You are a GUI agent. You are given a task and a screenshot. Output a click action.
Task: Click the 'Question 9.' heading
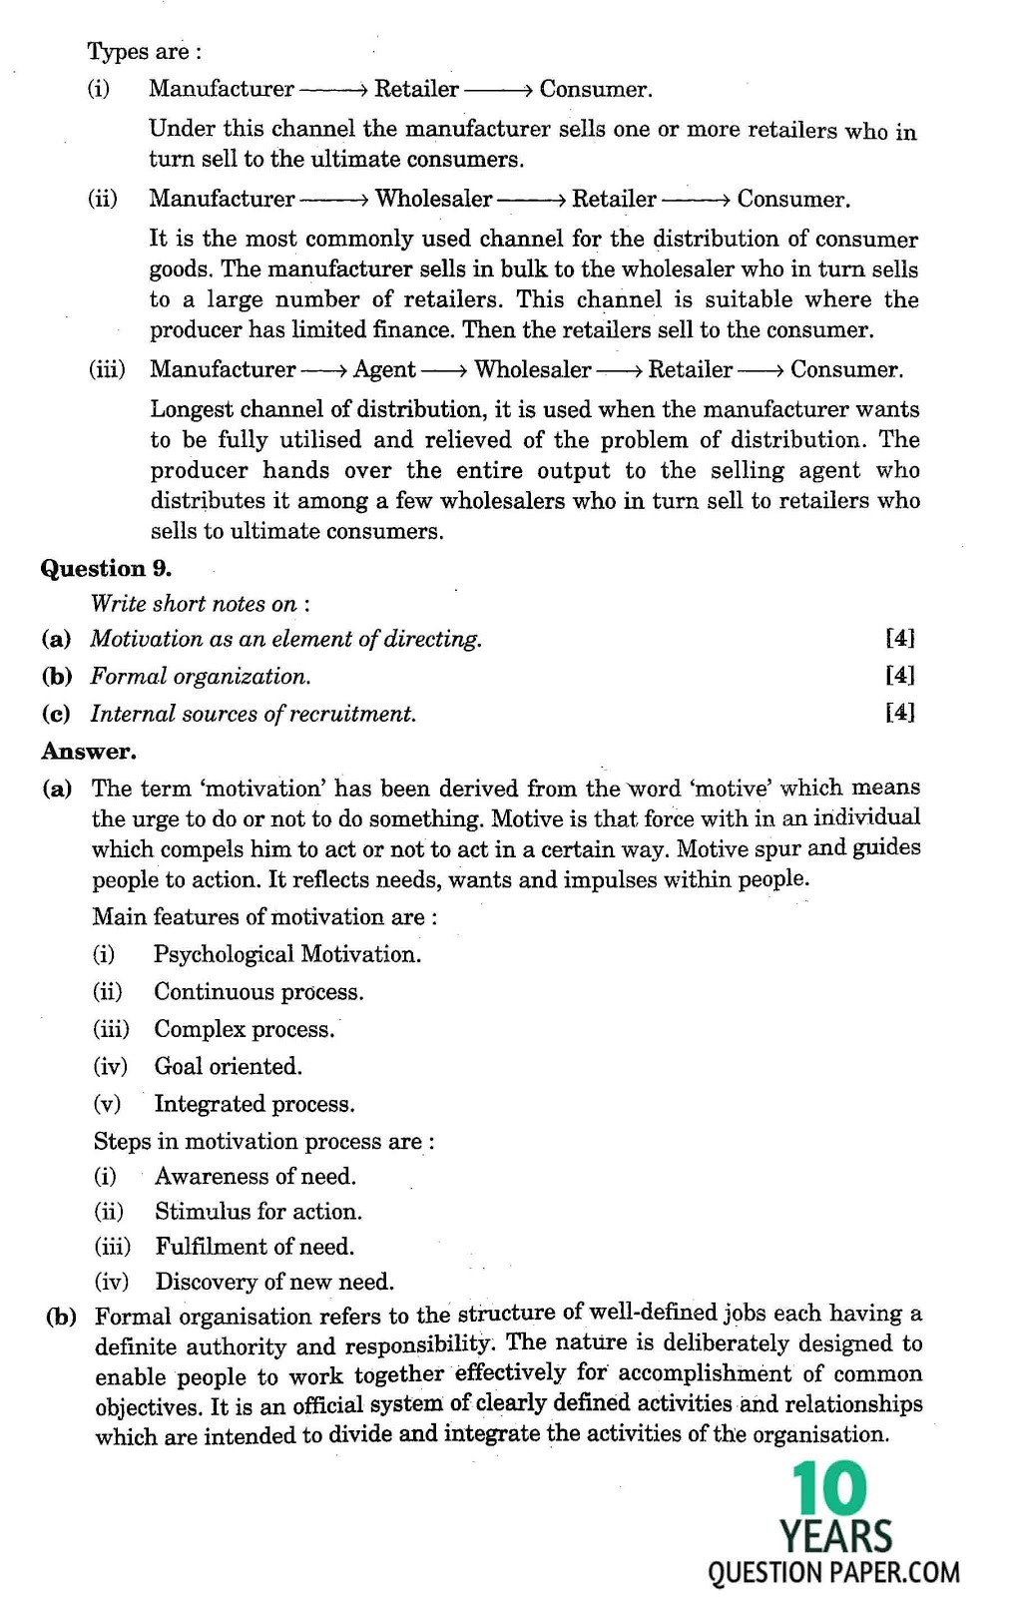coord(106,569)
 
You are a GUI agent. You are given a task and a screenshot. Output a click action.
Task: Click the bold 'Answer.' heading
coord(89,752)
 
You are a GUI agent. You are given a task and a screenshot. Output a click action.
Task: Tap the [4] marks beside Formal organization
coord(899,676)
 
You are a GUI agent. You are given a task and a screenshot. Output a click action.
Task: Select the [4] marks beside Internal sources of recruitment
coord(899,713)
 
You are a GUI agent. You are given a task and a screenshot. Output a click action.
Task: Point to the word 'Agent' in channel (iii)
coord(384,370)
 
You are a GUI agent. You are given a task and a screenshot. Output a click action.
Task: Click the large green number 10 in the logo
coord(828,1490)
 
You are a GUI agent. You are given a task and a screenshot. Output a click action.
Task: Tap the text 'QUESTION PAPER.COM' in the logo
coord(833,1573)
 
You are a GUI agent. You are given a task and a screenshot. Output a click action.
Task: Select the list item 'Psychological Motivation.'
coord(287,955)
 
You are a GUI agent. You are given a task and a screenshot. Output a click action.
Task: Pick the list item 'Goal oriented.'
coord(228,1067)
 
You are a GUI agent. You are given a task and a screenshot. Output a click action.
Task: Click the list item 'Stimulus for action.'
coord(258,1212)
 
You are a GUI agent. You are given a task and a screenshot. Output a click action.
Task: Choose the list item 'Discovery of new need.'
coord(274,1283)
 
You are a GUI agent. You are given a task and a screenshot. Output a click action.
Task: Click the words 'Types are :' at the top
coord(145,52)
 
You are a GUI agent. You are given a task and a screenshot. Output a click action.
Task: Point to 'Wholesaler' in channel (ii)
coord(434,200)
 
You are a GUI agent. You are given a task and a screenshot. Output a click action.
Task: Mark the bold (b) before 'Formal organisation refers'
coord(61,1317)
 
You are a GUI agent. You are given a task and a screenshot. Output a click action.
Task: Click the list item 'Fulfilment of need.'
coord(254,1247)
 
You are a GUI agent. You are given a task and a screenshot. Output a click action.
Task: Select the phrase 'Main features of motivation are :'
coord(264,917)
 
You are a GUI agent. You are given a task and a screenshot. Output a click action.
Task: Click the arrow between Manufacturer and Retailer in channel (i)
coord(333,90)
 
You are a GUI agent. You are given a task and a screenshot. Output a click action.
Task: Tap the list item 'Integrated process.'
coord(254,1105)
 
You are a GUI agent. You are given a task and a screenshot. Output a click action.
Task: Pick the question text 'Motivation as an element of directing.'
coord(286,640)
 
